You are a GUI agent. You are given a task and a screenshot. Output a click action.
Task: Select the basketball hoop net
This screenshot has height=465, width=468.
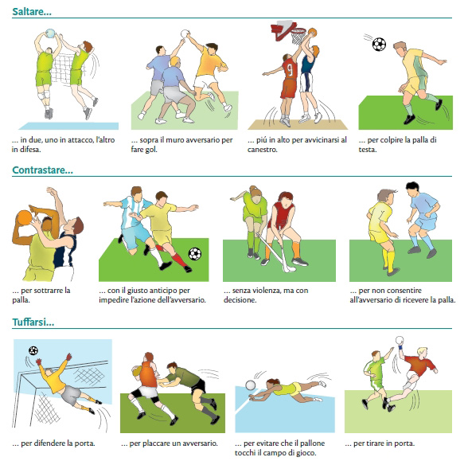(x=298, y=36)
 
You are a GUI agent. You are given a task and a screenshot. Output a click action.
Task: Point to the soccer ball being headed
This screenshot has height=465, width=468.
(x=379, y=45)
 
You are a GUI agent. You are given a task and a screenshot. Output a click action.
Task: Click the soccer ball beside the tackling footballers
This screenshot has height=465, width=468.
(x=195, y=254)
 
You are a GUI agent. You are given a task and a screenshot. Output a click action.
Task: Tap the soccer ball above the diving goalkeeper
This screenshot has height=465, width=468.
(x=33, y=350)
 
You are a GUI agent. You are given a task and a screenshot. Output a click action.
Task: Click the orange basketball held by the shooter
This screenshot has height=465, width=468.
(x=25, y=217)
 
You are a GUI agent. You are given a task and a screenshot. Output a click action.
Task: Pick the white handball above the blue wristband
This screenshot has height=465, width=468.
(x=400, y=341)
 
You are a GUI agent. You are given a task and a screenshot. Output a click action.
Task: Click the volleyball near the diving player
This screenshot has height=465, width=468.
(x=251, y=385)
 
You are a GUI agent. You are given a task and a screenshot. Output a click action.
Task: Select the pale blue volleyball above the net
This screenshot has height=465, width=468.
(x=50, y=33)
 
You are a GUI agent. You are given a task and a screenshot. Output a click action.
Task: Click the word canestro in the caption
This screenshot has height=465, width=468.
(x=262, y=150)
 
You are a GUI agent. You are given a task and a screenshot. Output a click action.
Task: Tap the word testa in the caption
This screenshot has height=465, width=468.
(x=368, y=150)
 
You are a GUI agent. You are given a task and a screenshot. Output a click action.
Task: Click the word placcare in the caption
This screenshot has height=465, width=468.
(x=156, y=444)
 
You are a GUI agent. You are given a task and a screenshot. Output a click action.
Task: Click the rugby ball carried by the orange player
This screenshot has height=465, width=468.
(x=137, y=371)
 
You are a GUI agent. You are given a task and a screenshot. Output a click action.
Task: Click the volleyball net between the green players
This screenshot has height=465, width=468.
(x=62, y=69)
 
